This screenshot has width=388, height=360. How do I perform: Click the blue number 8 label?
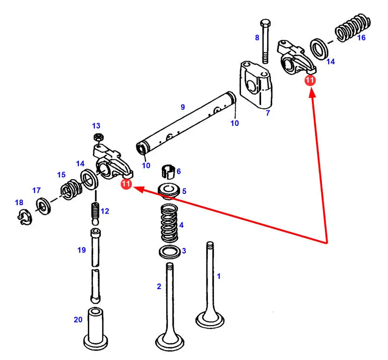(257, 38)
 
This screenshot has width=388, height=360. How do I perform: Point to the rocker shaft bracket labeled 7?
(254, 84)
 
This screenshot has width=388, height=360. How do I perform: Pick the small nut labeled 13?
(99, 138)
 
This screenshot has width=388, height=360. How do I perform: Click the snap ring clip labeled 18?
(26, 217)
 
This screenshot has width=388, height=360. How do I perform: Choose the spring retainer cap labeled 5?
(169, 191)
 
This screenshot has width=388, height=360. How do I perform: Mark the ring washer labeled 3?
(169, 252)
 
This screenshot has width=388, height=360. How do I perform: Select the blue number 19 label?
(82, 250)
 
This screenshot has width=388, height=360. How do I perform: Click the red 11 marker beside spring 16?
(310, 80)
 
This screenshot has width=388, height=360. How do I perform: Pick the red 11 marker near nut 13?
(126, 185)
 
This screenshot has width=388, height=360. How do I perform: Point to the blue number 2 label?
(159, 286)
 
